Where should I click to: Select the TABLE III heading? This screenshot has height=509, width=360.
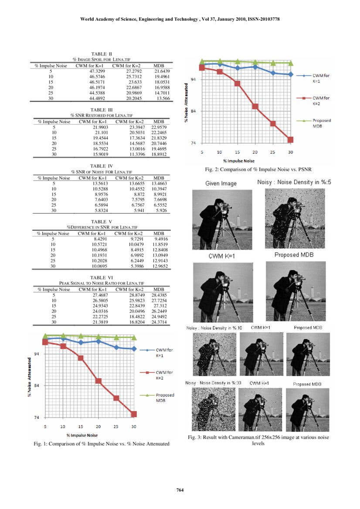(x=101, y=109)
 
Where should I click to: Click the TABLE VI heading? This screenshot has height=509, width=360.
(x=101, y=277)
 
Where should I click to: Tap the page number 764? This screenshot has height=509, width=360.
(x=180, y=491)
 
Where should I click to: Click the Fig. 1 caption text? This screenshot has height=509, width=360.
(x=101, y=444)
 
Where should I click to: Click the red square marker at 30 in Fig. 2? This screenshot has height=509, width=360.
(x=290, y=139)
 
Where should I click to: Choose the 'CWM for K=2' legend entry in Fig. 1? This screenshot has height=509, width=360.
(x=164, y=375)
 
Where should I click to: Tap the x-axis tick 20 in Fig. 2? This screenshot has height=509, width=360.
(x=255, y=152)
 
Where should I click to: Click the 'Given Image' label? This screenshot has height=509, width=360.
(x=221, y=183)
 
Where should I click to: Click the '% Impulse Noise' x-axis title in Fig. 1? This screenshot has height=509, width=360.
(x=82, y=435)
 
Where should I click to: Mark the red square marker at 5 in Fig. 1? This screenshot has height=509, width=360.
(x=45, y=342)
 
